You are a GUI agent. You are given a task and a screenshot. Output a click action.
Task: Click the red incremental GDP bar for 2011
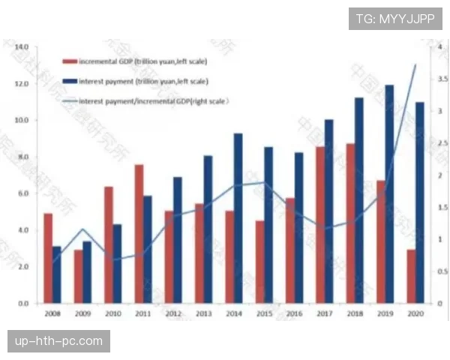point(139,233)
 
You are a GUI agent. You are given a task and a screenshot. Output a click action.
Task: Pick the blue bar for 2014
point(238,218)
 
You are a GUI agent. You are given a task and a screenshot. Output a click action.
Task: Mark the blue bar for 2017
point(328,211)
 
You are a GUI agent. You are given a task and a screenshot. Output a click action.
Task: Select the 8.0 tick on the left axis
point(22,157)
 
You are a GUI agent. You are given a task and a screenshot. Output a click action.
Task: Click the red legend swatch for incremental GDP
point(69,61)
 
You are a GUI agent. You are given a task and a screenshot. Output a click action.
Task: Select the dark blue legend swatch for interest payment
point(69,80)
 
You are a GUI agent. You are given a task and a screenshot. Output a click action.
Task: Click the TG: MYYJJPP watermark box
point(395,18)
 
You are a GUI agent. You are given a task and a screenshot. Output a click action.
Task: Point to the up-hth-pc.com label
point(59,341)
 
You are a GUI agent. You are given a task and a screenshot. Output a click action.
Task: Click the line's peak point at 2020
point(415,65)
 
